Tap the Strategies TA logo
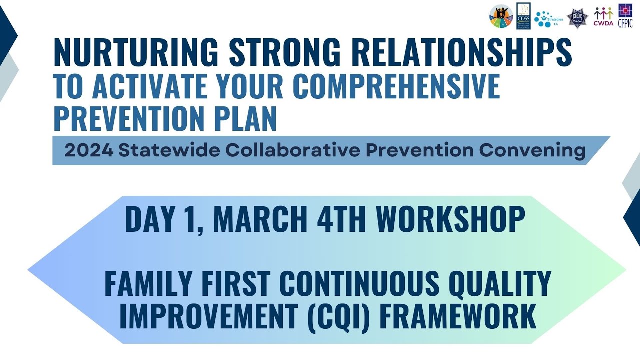(548, 19)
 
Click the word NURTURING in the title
(136, 52)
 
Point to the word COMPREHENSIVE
(396, 86)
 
